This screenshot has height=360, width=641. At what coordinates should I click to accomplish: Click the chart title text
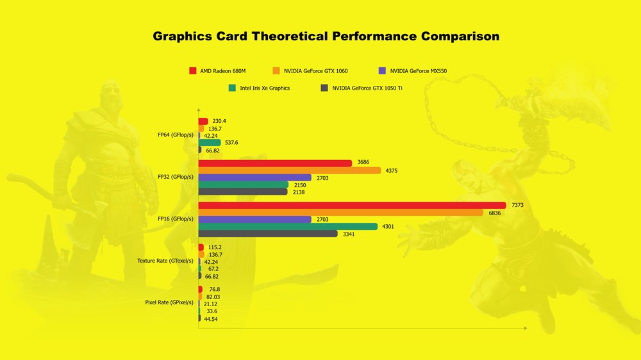[x=326, y=36]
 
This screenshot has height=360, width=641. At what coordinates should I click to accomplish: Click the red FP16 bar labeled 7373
[x=353, y=205]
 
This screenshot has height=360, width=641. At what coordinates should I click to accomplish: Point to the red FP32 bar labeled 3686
[x=276, y=163]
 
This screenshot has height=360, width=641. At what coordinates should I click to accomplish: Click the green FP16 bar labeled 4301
[x=288, y=226]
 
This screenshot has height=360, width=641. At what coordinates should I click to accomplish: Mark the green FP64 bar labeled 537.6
[x=210, y=143]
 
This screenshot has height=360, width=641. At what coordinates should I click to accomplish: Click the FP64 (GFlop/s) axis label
[x=175, y=135]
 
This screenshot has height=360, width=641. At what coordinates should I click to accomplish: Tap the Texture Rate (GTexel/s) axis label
[x=165, y=261]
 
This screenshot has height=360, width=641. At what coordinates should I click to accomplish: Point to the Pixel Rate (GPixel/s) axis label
[x=169, y=302]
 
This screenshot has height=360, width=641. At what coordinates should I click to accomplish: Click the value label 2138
[x=299, y=192]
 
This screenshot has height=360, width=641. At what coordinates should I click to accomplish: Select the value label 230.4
[x=219, y=121]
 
